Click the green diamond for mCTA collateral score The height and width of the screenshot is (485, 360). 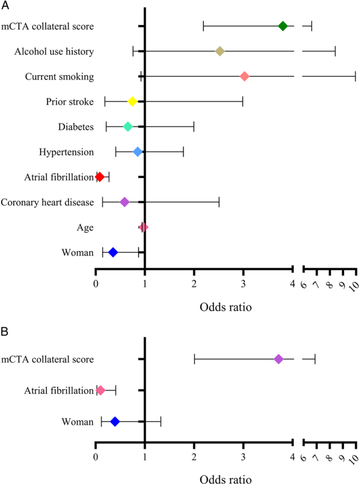point(283,26)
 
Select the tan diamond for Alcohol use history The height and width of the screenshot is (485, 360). point(220,51)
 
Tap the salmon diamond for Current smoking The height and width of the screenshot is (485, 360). point(245,77)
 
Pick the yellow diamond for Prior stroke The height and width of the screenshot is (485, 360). point(133,102)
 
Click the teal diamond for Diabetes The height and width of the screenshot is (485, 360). point(128,126)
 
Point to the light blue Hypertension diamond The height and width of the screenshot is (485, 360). point(138,152)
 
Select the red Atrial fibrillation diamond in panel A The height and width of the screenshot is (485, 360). point(99,177)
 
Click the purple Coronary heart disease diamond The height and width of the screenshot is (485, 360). point(125,202)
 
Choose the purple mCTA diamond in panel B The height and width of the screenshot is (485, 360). point(279,359)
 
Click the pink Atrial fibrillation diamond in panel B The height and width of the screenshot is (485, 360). point(101,391)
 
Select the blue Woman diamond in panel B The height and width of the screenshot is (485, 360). point(115,422)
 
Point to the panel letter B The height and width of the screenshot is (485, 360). point(5,332)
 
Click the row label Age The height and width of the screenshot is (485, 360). point(86,227)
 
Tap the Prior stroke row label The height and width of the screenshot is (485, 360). point(70,102)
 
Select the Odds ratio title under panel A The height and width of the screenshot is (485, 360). point(226,307)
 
